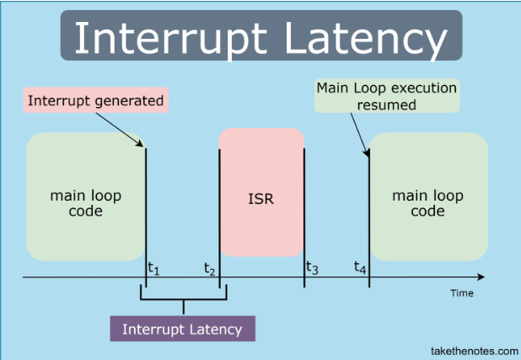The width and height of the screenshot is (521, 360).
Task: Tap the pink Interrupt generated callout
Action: tap(95, 101)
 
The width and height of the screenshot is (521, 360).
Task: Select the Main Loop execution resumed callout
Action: tap(386, 96)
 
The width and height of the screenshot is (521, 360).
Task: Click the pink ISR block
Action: tap(261, 201)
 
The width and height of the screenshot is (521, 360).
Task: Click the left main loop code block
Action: tap(85, 203)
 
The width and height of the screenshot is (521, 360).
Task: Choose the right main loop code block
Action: tap(427, 203)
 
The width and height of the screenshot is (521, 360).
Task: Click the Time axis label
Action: tap(461, 293)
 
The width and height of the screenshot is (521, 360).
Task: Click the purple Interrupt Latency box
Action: tap(182, 329)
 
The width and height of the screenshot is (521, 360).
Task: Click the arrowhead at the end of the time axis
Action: tap(481, 277)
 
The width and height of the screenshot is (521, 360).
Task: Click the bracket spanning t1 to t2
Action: tap(181, 299)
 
